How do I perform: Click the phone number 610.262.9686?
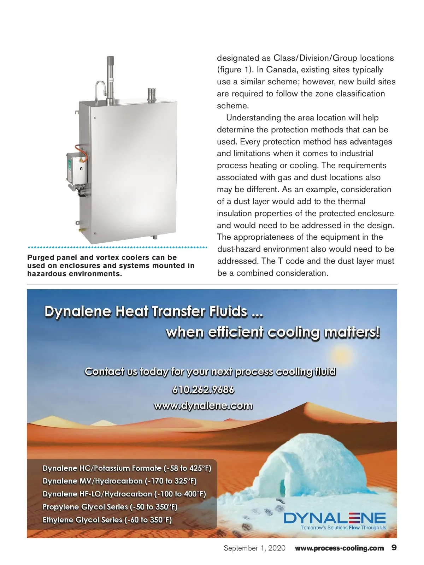click(203, 390)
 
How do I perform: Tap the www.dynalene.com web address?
click(203, 406)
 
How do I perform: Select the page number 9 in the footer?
click(394, 548)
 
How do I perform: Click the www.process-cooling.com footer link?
click(339, 548)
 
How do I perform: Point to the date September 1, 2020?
click(254, 548)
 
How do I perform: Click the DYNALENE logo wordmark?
click(335, 518)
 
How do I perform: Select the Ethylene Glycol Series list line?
click(107, 520)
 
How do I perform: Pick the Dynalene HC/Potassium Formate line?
click(127, 468)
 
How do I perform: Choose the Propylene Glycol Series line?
click(110, 507)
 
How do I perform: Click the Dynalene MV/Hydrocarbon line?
click(119, 481)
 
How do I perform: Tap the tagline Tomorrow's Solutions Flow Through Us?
click(343, 528)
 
